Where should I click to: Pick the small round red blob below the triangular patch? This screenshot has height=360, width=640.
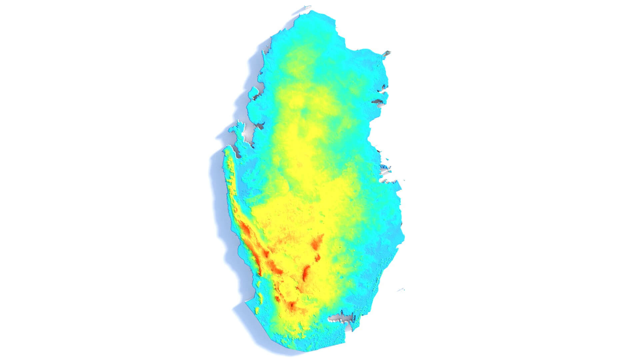click(x=318, y=257)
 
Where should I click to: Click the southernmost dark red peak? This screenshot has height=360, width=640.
click(x=292, y=305)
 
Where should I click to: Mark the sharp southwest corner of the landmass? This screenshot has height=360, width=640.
click(x=246, y=302)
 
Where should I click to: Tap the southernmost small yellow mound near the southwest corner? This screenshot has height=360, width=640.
click(x=257, y=310)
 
